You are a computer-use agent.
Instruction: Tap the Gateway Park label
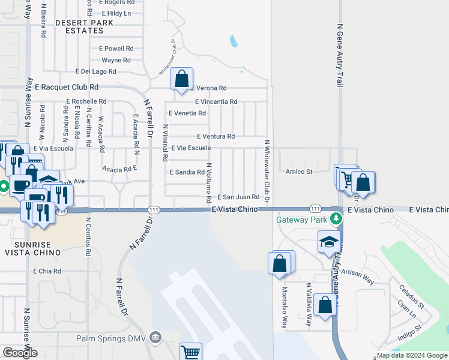301,220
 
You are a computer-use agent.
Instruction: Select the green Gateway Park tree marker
339,220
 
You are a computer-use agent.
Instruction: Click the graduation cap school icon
328,243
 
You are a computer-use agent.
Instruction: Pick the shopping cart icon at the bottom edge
191,353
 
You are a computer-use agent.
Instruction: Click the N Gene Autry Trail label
340,55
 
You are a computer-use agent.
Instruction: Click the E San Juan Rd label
238,197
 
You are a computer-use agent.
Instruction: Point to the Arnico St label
299,172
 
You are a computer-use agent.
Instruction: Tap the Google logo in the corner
20,352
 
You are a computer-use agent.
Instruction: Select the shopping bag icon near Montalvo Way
280,263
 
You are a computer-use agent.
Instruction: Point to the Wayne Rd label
116,60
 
